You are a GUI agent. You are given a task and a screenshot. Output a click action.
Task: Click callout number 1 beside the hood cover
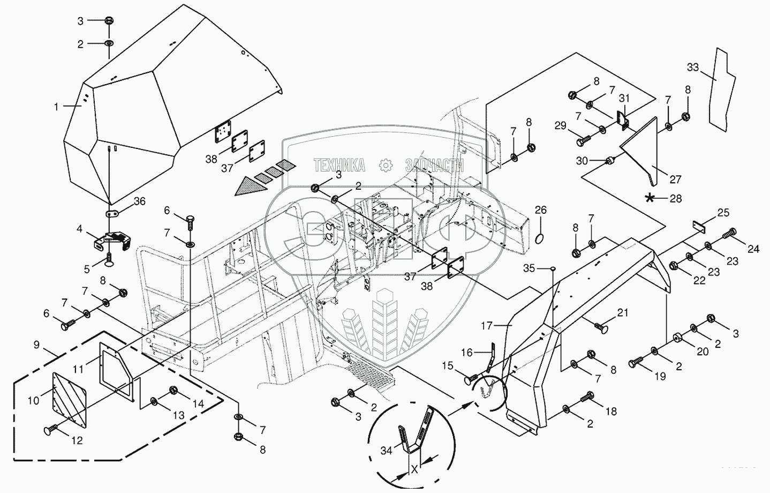point(56,107)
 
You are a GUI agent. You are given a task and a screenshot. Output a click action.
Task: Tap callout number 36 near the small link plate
point(139,201)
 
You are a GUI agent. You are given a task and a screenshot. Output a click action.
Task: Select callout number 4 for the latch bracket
point(79,229)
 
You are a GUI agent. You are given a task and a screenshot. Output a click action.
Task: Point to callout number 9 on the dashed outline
point(36,345)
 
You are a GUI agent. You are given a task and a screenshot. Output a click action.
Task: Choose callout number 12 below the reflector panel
point(77,440)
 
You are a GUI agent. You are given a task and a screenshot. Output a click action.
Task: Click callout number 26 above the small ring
point(541,210)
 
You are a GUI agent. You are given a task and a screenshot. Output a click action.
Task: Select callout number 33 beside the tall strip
point(693,67)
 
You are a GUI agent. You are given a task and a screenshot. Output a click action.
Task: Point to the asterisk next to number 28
point(650,198)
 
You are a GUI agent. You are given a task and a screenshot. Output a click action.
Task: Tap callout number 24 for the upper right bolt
point(753,249)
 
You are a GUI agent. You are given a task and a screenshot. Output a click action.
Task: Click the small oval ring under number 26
point(541,237)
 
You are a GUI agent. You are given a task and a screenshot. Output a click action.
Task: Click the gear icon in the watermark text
point(385,166)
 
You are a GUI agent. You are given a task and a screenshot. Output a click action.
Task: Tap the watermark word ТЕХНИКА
point(339,165)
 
